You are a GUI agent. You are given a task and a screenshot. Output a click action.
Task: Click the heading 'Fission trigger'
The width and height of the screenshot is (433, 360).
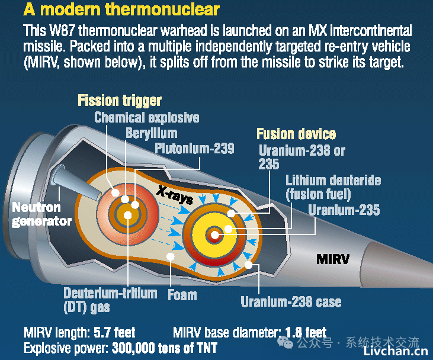pos(120,101)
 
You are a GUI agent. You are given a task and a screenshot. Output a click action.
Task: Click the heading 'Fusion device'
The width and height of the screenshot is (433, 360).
pos(296,134)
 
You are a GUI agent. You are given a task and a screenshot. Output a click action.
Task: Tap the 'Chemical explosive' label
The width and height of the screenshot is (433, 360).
pos(147,118)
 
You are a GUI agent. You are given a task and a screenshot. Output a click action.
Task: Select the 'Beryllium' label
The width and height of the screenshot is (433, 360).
pos(151,133)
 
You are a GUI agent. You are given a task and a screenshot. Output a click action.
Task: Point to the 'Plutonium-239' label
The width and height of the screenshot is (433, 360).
pos(194,149)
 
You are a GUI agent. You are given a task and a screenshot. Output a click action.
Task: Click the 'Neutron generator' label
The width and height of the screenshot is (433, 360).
pos(41,214)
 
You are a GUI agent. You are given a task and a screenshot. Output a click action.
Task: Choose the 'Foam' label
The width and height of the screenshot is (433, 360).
pos(182,295)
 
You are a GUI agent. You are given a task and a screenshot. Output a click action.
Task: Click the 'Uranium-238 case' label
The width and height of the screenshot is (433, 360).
pos(291,302)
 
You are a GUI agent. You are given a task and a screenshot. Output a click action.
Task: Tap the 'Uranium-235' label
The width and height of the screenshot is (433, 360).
pos(344,210)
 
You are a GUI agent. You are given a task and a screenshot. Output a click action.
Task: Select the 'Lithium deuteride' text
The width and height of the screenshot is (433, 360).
pos(333,181)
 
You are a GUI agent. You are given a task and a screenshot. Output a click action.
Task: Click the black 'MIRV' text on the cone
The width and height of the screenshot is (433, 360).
pos(333,259)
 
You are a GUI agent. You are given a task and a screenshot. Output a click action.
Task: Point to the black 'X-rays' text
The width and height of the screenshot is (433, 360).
pos(175,195)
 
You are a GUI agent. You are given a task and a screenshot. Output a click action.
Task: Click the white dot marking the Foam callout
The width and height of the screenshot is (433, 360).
pos(171,256)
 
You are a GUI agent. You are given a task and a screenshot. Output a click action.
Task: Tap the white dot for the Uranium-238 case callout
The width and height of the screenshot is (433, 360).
pos(248,265)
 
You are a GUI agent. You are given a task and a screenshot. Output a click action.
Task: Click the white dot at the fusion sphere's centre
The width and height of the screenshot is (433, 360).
pos(214,235)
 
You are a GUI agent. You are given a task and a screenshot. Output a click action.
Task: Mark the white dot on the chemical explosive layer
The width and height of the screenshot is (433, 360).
pos(115,192)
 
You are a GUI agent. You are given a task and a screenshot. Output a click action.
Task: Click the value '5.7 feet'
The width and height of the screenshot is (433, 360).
pos(114,332)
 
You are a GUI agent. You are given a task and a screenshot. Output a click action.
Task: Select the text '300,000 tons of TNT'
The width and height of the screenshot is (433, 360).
pos(165,348)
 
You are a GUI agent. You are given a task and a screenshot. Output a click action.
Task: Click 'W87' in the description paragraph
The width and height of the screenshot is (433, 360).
pos(62,31)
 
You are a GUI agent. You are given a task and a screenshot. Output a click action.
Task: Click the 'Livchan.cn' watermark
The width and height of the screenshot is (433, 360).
pos(395,352)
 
